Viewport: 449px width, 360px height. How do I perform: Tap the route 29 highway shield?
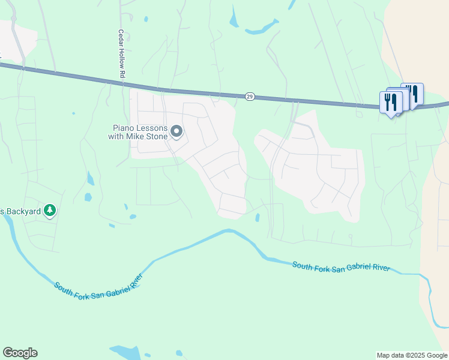coord(249,97)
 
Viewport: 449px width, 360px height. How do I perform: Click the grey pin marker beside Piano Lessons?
coord(176,131)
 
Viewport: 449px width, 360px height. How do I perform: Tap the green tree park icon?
coord(51,210)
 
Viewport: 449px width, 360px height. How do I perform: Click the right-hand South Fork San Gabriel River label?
coord(341,266)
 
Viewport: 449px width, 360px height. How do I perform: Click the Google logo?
coord(20,353)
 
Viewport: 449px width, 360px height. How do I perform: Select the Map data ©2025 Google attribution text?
coord(411,355)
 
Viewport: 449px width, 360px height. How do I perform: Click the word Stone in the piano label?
coord(157,136)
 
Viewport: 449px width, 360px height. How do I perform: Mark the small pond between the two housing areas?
coord(258,218)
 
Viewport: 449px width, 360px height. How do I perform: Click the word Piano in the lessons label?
coord(124,127)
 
